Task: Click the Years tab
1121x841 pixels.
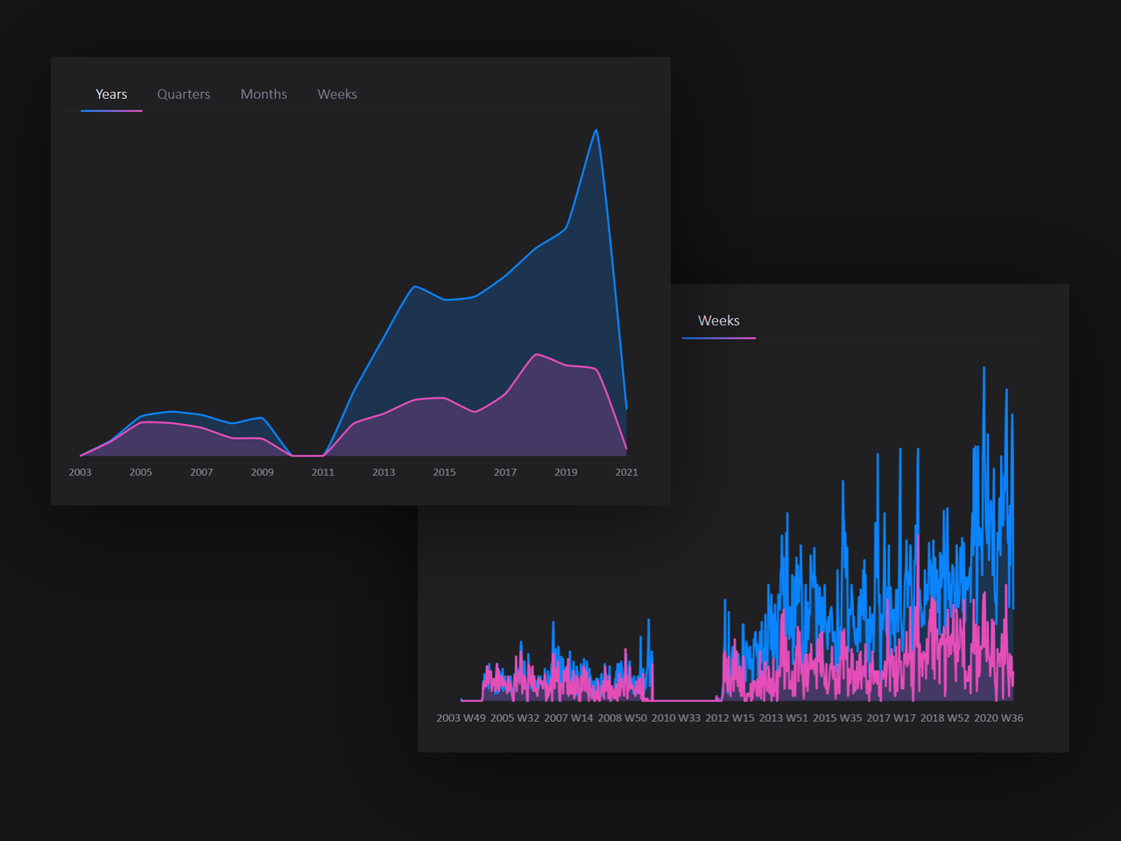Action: (x=111, y=95)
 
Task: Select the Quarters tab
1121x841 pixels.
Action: (x=183, y=95)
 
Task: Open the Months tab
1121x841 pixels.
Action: (x=264, y=95)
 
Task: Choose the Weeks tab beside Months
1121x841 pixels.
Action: (x=337, y=95)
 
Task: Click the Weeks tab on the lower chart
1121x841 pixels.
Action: (x=718, y=321)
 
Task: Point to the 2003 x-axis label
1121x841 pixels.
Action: (x=80, y=472)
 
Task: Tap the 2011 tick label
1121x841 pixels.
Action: (x=323, y=472)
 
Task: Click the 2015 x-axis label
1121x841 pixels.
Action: (x=444, y=472)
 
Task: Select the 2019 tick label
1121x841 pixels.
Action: (x=566, y=472)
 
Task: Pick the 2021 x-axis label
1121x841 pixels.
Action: (x=626, y=472)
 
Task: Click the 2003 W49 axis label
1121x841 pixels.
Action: (x=461, y=718)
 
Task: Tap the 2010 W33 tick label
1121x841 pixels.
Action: (x=676, y=718)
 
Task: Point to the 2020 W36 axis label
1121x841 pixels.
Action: (x=998, y=718)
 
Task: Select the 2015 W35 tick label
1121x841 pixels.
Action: (x=837, y=718)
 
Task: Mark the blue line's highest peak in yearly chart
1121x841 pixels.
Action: (x=596, y=131)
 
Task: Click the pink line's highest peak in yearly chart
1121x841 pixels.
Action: (x=537, y=354)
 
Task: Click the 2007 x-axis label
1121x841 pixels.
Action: (x=201, y=472)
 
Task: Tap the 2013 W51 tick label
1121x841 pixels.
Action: (x=784, y=718)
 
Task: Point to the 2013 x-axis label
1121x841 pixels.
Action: (x=384, y=472)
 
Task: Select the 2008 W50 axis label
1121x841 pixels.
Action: (x=623, y=718)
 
